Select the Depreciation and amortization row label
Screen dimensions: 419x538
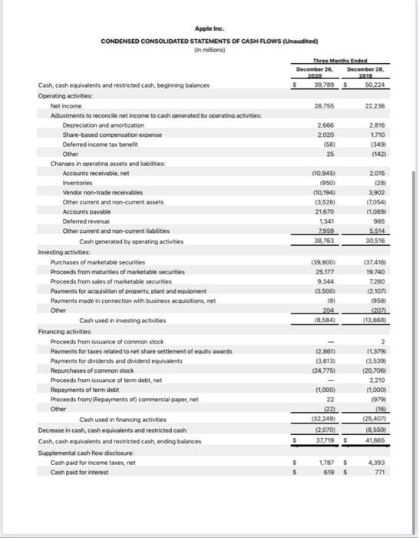pyautogui.click(x=103, y=124)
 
